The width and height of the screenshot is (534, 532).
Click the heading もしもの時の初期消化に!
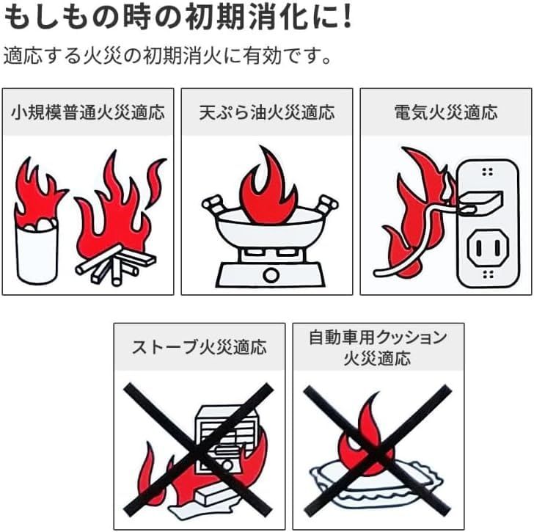pyautogui.click(x=176, y=18)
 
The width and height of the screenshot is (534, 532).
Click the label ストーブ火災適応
pyautogui.click(x=199, y=347)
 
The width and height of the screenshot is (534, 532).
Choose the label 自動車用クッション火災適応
pyautogui.click(x=378, y=347)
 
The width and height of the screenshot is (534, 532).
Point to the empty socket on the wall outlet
pyautogui.click(x=482, y=249)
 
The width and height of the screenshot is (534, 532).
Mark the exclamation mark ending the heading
pyautogui.click(x=342, y=18)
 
